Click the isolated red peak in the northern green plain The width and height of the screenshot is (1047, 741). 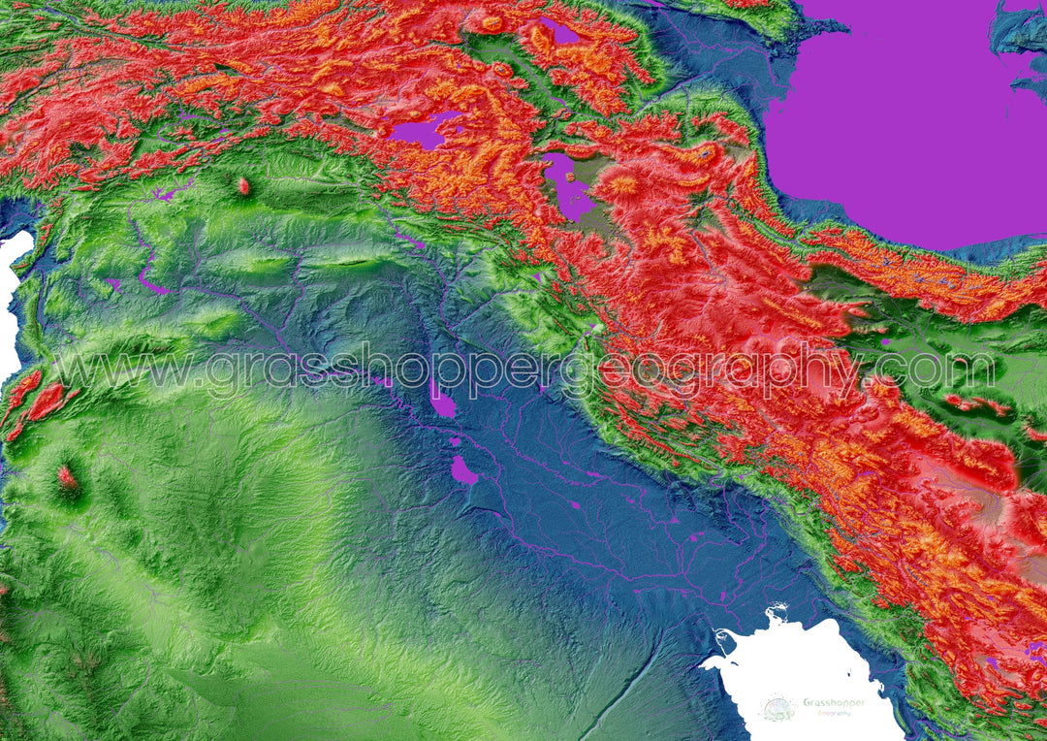pos(242,185)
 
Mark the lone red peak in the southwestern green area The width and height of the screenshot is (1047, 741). pos(67,476)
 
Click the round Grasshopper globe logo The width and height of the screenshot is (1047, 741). pos(777,709)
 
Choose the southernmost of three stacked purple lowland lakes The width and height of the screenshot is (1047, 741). pos(463,470)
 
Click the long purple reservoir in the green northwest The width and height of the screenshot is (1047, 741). pos(150,280)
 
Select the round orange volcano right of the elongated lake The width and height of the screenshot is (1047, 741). pos(622,184)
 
